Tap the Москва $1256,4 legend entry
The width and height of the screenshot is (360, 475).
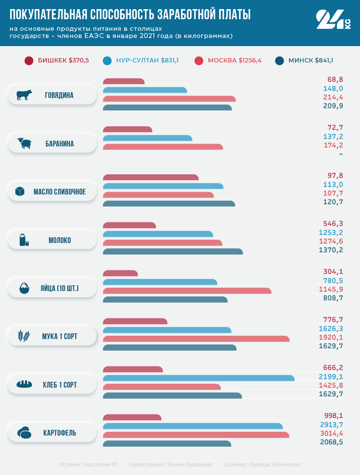point(228,61)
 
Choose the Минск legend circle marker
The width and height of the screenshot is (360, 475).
point(280,61)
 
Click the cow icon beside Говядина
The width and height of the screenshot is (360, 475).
point(24,95)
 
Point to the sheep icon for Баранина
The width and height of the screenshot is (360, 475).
point(24,143)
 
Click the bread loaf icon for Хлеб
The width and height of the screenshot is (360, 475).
point(24,384)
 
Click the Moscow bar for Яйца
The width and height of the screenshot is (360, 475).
point(187,291)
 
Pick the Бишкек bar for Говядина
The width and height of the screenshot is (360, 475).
point(124,81)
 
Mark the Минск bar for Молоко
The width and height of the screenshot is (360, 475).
point(173,251)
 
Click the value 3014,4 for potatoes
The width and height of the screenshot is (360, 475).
point(332,434)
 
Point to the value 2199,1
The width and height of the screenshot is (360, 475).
point(332,377)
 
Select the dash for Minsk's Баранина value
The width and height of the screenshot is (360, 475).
point(341,154)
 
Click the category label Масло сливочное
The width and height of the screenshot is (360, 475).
point(60,192)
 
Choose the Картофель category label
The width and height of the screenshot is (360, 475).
point(60,433)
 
